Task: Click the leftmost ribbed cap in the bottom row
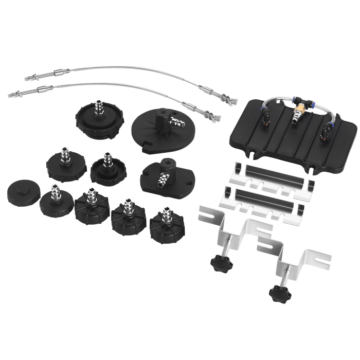[92, 207]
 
